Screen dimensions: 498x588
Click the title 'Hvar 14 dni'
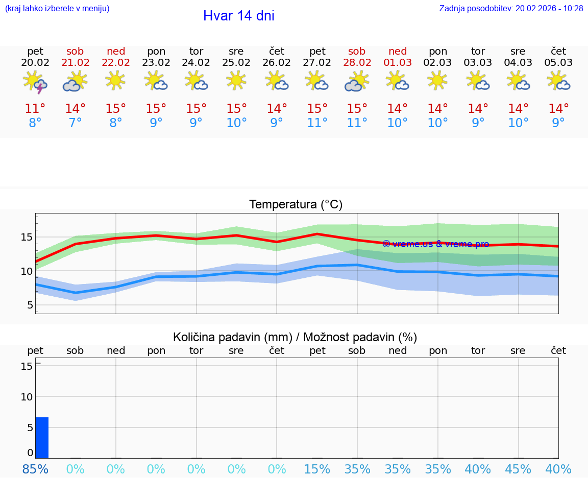pyautogui.click(x=238, y=16)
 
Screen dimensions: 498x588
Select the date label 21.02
pyautogui.click(x=75, y=63)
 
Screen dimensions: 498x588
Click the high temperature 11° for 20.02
pyautogui.click(x=35, y=109)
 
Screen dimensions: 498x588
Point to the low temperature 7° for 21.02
pyautogui.click(x=75, y=123)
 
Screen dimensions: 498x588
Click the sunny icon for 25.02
pyautogui.click(x=236, y=80)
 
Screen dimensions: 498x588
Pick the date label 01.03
pyautogui.click(x=398, y=63)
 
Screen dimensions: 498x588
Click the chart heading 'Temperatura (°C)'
pyautogui.click(x=296, y=205)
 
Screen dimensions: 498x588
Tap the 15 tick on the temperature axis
pyautogui.click(x=27, y=237)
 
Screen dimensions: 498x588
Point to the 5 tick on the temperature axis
pyautogui.click(x=30, y=305)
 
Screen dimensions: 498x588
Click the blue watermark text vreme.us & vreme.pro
pyautogui.click(x=435, y=244)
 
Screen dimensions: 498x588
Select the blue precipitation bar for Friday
pyautogui.click(x=42, y=438)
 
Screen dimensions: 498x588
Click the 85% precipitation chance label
pyautogui.click(x=35, y=469)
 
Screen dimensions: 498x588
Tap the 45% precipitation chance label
pyautogui.click(x=518, y=469)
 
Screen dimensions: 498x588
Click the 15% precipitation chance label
pyautogui.click(x=317, y=469)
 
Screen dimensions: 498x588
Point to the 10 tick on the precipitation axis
pyautogui.click(x=27, y=397)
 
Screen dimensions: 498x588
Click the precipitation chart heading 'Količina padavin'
pyautogui.click(x=295, y=337)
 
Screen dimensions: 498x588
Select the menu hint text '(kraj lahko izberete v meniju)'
pyautogui.click(x=57, y=9)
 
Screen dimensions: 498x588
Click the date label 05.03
pyautogui.click(x=558, y=63)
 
